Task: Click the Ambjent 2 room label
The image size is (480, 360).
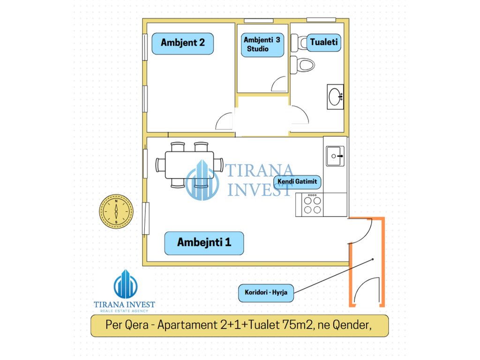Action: tap(182, 43)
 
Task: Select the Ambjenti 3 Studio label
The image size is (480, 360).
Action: tap(262, 44)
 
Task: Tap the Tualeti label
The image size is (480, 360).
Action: tap(323, 42)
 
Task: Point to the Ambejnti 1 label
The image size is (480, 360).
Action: tap(204, 243)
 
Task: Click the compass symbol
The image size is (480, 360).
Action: tap(116, 211)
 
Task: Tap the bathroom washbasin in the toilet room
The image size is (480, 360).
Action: tap(335, 97)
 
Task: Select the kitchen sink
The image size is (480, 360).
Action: tap(335, 156)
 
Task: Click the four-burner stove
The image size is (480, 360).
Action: tap(312, 204)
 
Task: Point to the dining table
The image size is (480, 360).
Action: tap(189, 165)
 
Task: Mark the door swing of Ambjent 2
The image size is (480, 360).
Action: tap(225, 121)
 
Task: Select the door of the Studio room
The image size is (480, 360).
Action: tap(279, 84)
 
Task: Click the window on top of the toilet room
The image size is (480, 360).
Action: tap(321, 20)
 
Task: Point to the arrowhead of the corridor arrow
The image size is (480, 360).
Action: tap(373, 258)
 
